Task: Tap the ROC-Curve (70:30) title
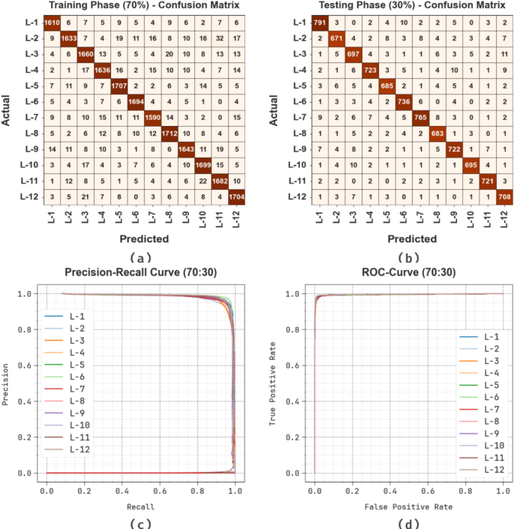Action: tap(405, 273)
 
